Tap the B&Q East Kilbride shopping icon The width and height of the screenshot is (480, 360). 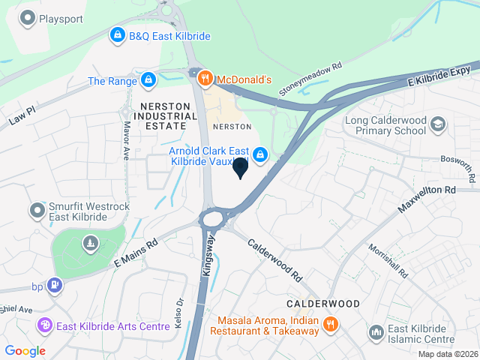tap(117, 35)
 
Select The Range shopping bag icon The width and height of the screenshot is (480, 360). tap(148, 79)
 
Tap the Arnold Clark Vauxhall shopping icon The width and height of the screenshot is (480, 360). tap(259, 154)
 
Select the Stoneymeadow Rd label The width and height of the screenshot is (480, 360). tap(310, 78)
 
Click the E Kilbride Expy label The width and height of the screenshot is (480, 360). tap(439, 74)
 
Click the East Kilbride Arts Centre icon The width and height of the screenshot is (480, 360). tap(44, 325)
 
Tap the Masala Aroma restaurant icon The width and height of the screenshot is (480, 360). tap(330, 325)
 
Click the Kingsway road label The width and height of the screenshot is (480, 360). tap(209, 256)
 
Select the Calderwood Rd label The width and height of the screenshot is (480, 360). tap(274, 259)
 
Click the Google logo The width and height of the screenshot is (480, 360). tap(25, 350)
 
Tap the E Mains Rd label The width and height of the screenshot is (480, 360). tap(136, 253)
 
